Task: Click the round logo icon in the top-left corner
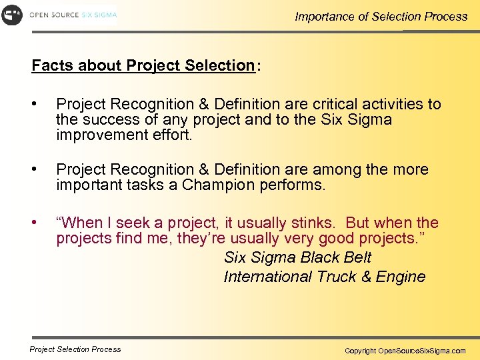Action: click(12, 14)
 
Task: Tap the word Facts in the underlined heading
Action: click(53, 65)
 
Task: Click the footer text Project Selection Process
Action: click(75, 349)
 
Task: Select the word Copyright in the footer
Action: click(360, 351)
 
